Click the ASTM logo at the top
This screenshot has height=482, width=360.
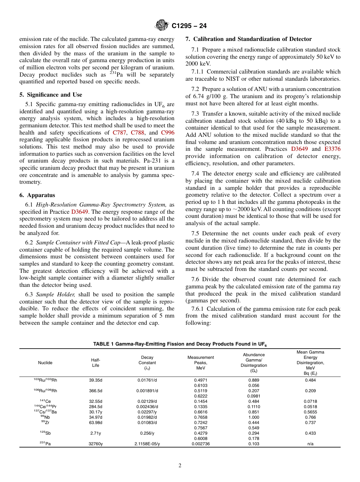[162, 26]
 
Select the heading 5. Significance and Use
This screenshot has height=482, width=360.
[51, 95]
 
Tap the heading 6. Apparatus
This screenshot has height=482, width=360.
[37, 195]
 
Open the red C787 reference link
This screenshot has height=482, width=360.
[119, 133]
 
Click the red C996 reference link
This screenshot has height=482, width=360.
[167, 133]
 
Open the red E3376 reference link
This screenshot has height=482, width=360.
[332, 149]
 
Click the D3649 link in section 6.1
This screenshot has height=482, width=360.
[79, 211]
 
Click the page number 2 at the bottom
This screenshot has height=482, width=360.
[180, 466]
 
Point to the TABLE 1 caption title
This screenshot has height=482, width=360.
[180, 344]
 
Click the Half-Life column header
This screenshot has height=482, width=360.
[95, 363]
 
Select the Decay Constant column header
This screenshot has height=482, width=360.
[147, 363]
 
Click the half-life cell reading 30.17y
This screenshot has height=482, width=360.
[95, 412]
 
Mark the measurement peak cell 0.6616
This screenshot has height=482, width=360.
[200, 412]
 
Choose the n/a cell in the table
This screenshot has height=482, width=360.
[310, 444]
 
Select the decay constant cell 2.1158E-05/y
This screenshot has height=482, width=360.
[147, 444]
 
